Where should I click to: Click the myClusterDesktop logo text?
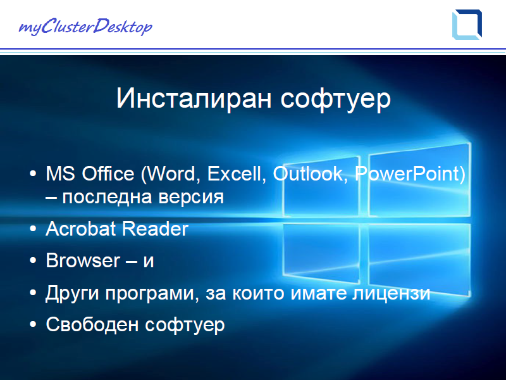[85, 27]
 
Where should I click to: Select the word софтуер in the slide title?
[336, 99]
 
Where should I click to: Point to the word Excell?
[237, 174]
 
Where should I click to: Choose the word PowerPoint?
[407, 174]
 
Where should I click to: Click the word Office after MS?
[108, 174]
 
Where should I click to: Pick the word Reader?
[155, 229]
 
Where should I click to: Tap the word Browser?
[83, 260]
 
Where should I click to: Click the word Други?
[72, 293]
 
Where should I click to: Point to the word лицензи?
[391, 293]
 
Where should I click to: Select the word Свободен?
[92, 324]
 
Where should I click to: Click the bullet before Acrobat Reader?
[33, 229]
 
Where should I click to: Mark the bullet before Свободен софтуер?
[33, 324]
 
